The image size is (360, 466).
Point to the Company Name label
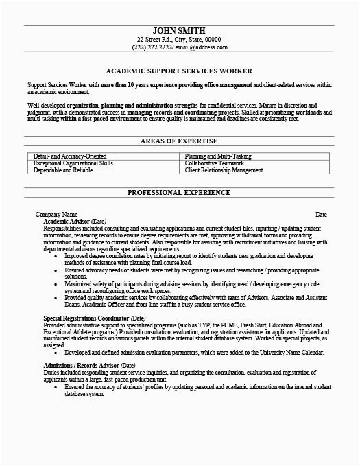(x=57, y=215)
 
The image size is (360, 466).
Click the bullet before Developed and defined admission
(x=58, y=390)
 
